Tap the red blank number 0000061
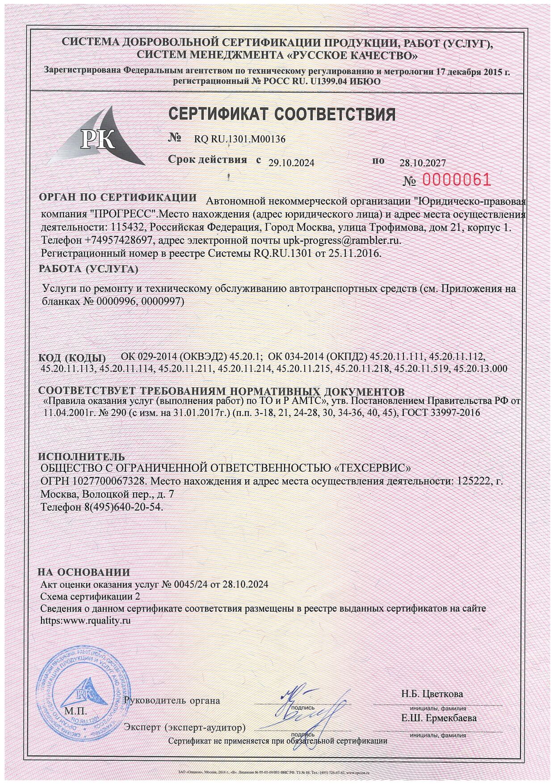[x=456, y=180]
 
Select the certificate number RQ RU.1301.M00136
[x=239, y=139]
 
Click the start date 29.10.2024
[x=291, y=163]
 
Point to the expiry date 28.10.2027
[x=422, y=163]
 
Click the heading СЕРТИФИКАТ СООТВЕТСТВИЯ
[x=282, y=115]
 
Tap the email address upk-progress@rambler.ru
[x=342, y=240]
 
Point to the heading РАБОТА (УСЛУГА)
[x=88, y=269]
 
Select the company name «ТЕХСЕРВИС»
[x=372, y=468]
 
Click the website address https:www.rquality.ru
[x=85, y=620]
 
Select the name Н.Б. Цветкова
[x=432, y=694]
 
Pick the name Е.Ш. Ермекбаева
[x=439, y=718]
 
